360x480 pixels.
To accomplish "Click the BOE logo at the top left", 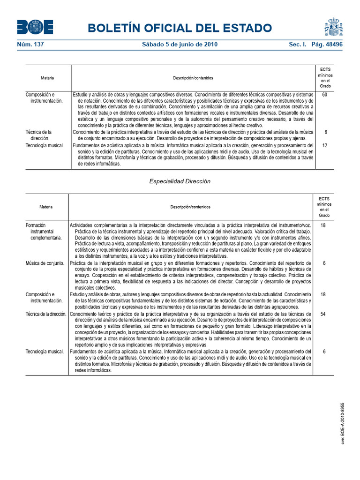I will pyautogui.click(x=35, y=28).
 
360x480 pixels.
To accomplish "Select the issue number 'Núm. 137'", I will pyautogui.click(x=30, y=45).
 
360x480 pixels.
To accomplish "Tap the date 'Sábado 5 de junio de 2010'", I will pyautogui.click(x=180, y=45).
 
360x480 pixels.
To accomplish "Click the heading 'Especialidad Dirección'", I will pyautogui.click(x=180, y=181).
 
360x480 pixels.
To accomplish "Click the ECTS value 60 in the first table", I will pyautogui.click(x=324, y=95).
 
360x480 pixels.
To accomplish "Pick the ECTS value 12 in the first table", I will pyautogui.click(x=324, y=145).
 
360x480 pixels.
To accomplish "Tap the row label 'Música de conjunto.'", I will pyautogui.click(x=45, y=263).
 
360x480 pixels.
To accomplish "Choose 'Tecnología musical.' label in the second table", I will pyautogui.click(x=45, y=351).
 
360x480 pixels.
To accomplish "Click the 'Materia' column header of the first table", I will pyautogui.click(x=47, y=77).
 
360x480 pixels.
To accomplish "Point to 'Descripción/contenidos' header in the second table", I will pyautogui.click(x=190, y=207).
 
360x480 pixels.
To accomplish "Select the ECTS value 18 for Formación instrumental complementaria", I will pyautogui.click(x=323, y=225).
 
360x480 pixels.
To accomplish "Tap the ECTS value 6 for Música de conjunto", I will pyautogui.click(x=323, y=263).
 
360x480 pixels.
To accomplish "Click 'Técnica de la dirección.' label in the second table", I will pyautogui.click(x=46, y=314).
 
